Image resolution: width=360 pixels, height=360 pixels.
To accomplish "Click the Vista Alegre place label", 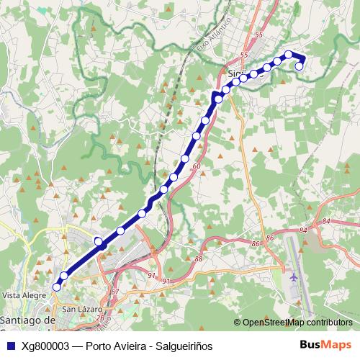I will pyautogui.click(x=20, y=295).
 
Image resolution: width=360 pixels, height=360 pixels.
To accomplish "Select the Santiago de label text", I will pyautogui.click(x=28, y=320).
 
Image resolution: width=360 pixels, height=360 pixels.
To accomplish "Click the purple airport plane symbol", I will pyautogui.click(x=294, y=276).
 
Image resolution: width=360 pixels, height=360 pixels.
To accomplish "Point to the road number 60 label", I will pyautogui.click(x=197, y=166).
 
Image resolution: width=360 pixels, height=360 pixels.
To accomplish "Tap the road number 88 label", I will pyautogui.click(x=199, y=258).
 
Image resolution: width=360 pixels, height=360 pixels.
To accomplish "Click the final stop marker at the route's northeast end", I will pyautogui.click(x=300, y=66).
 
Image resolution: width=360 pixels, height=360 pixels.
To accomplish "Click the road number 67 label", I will pyautogui.click(x=114, y=291).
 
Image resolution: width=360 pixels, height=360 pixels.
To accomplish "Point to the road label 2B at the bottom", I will pyautogui.click(x=101, y=317).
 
